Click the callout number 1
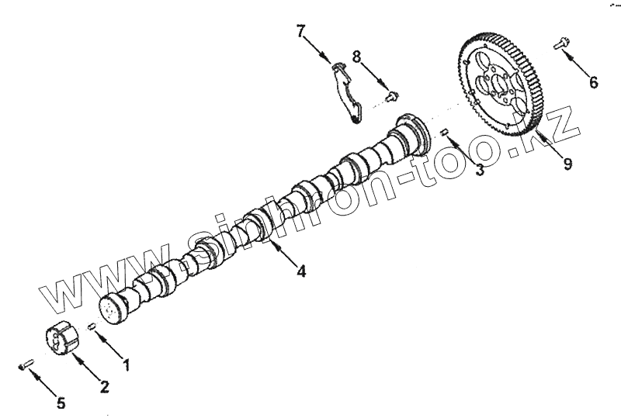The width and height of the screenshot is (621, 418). point(125,362)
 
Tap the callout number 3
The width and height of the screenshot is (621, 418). point(480,170)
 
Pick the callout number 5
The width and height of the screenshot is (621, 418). point(61,403)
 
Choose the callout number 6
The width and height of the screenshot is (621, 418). point(593,82)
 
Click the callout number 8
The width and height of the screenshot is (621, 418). point(356,57)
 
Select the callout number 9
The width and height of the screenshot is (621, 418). point(568,164)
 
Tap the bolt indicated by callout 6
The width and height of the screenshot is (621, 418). point(560,45)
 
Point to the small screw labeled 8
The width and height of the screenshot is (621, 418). point(392,96)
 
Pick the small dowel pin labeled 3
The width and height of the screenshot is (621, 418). point(446,133)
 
